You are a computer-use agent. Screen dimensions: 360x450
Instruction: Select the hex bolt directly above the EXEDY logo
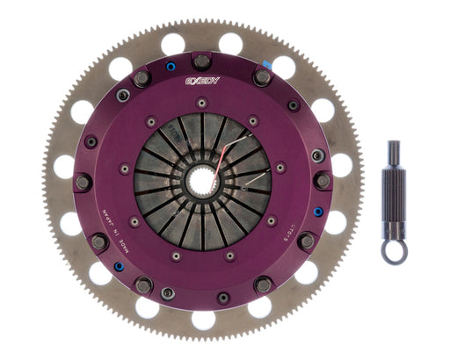(201, 61)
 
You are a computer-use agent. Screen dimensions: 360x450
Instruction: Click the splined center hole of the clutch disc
(202, 182)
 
